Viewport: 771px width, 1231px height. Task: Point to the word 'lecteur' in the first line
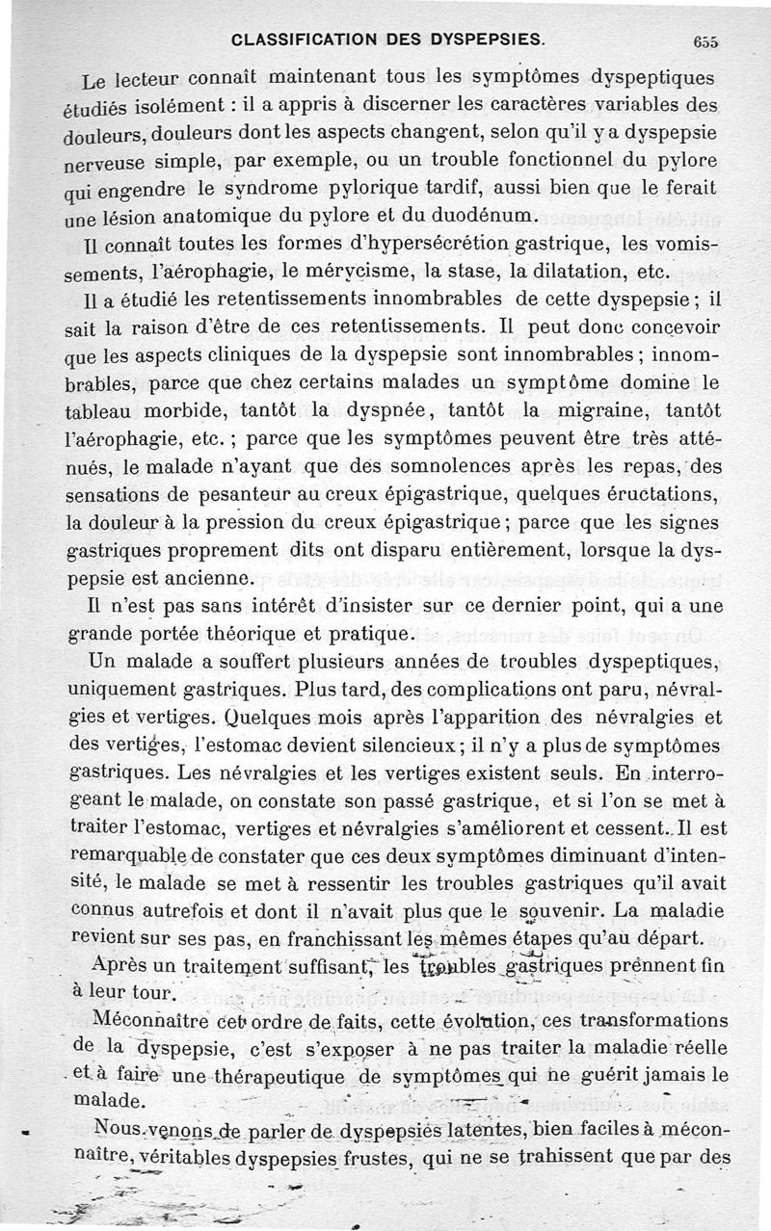point(165,77)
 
